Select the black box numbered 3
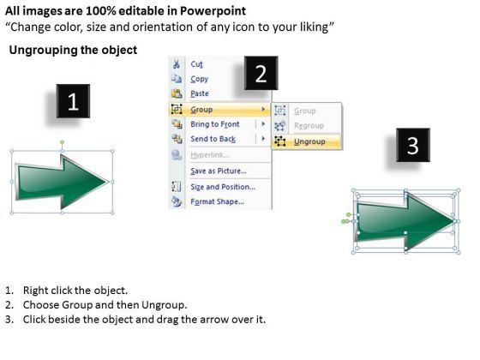coord(412,146)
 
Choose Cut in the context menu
coord(197,64)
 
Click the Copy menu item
coord(199,79)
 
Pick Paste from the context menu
coord(200,93)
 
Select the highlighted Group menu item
coord(202,110)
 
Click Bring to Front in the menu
coord(213,124)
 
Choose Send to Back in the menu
coord(213,139)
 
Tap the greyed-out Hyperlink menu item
coord(209,155)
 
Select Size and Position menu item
coord(222,186)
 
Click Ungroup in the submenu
coord(309,141)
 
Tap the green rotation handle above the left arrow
coord(62,142)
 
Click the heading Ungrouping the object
coord(72,51)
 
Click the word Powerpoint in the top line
coord(219,11)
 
